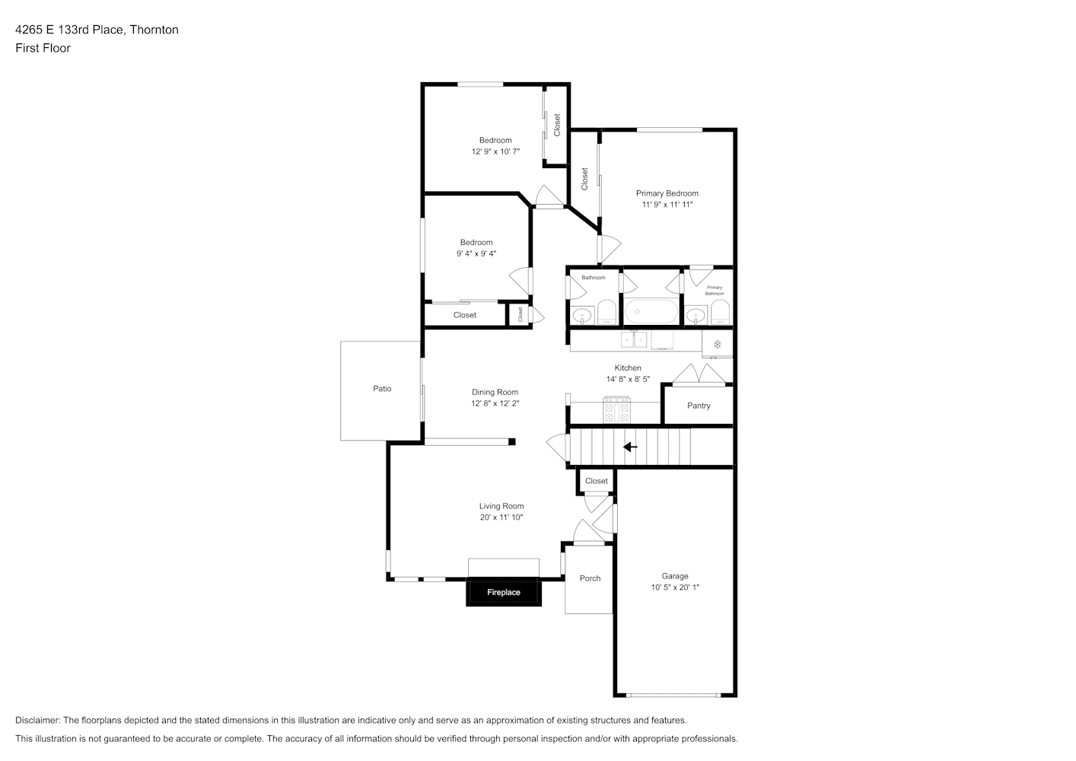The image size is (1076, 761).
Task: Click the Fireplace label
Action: coord(504,592)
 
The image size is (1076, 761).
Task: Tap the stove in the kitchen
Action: coord(617,410)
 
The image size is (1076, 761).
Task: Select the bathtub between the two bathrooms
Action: coord(651,311)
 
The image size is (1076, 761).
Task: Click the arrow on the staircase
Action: coord(630,447)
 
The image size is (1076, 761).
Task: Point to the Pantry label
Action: coord(699,406)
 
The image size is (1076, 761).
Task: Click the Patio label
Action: coord(382,389)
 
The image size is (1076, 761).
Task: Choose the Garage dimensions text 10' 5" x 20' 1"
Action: coord(675,587)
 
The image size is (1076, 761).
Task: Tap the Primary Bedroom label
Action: coord(667,193)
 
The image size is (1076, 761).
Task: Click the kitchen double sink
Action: coord(634,339)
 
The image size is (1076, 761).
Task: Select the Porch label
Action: coord(590,578)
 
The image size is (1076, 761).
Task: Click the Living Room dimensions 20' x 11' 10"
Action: coord(501,517)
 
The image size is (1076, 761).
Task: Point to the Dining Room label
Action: coord(495,392)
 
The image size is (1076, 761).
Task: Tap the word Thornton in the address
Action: coord(154,30)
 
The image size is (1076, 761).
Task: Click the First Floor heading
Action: coord(43,48)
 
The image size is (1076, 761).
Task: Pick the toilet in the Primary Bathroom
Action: coord(720,312)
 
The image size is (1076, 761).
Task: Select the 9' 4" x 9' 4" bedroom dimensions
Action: coord(476,253)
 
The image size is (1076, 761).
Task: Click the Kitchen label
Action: coord(628,368)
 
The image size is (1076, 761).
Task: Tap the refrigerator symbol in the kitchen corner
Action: coord(717,344)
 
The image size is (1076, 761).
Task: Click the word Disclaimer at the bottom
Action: coord(37,720)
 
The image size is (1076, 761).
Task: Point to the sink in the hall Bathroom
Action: coord(582,315)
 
